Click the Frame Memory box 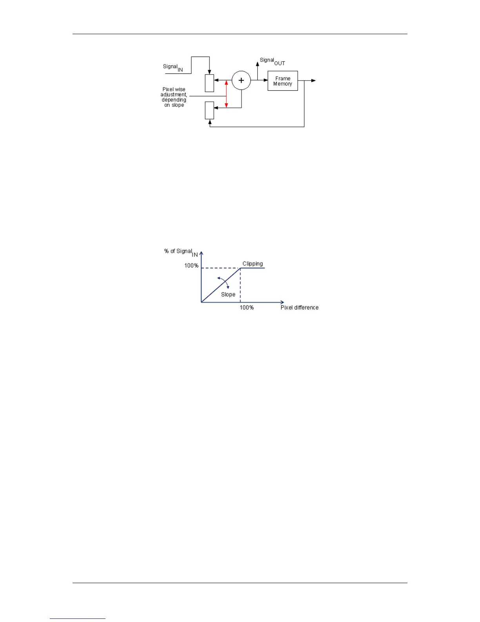click(x=282, y=81)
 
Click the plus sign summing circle click(x=241, y=80)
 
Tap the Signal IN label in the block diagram click(x=173, y=67)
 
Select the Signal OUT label click(x=272, y=61)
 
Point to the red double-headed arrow click(x=226, y=94)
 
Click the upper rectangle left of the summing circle click(x=209, y=83)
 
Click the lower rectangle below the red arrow click(x=209, y=110)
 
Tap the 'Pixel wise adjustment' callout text click(x=174, y=97)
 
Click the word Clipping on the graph click(x=253, y=263)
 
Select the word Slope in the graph click(x=228, y=295)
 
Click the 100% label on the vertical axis click(x=191, y=265)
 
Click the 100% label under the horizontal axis click(x=247, y=307)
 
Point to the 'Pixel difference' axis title click(x=299, y=307)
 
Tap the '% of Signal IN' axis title click(x=180, y=252)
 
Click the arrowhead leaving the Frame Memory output click(x=313, y=80)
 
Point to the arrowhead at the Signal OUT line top click(x=257, y=64)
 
